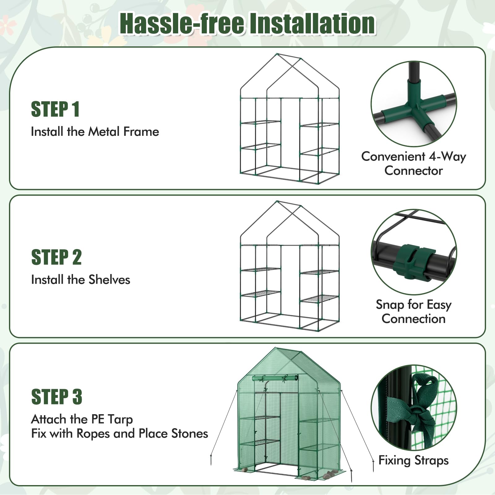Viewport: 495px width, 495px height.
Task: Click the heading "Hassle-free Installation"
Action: (247, 24)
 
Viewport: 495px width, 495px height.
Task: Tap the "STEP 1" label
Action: (55, 109)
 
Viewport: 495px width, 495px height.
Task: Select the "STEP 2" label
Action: (56, 257)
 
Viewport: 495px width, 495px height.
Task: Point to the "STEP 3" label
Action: (57, 397)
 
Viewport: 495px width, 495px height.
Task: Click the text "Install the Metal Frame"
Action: (95, 132)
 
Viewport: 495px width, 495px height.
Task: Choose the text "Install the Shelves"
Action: (81, 280)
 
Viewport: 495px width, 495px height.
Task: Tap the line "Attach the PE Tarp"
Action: (82, 420)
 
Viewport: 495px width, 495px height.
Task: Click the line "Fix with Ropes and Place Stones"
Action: (120, 434)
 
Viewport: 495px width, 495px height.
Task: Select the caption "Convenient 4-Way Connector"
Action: (414, 163)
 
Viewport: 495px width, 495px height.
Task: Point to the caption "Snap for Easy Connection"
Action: (414, 312)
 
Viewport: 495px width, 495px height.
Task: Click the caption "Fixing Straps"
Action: (414, 460)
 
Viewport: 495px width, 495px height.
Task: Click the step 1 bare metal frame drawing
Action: (290, 118)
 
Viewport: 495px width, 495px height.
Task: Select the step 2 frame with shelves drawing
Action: (290, 266)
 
